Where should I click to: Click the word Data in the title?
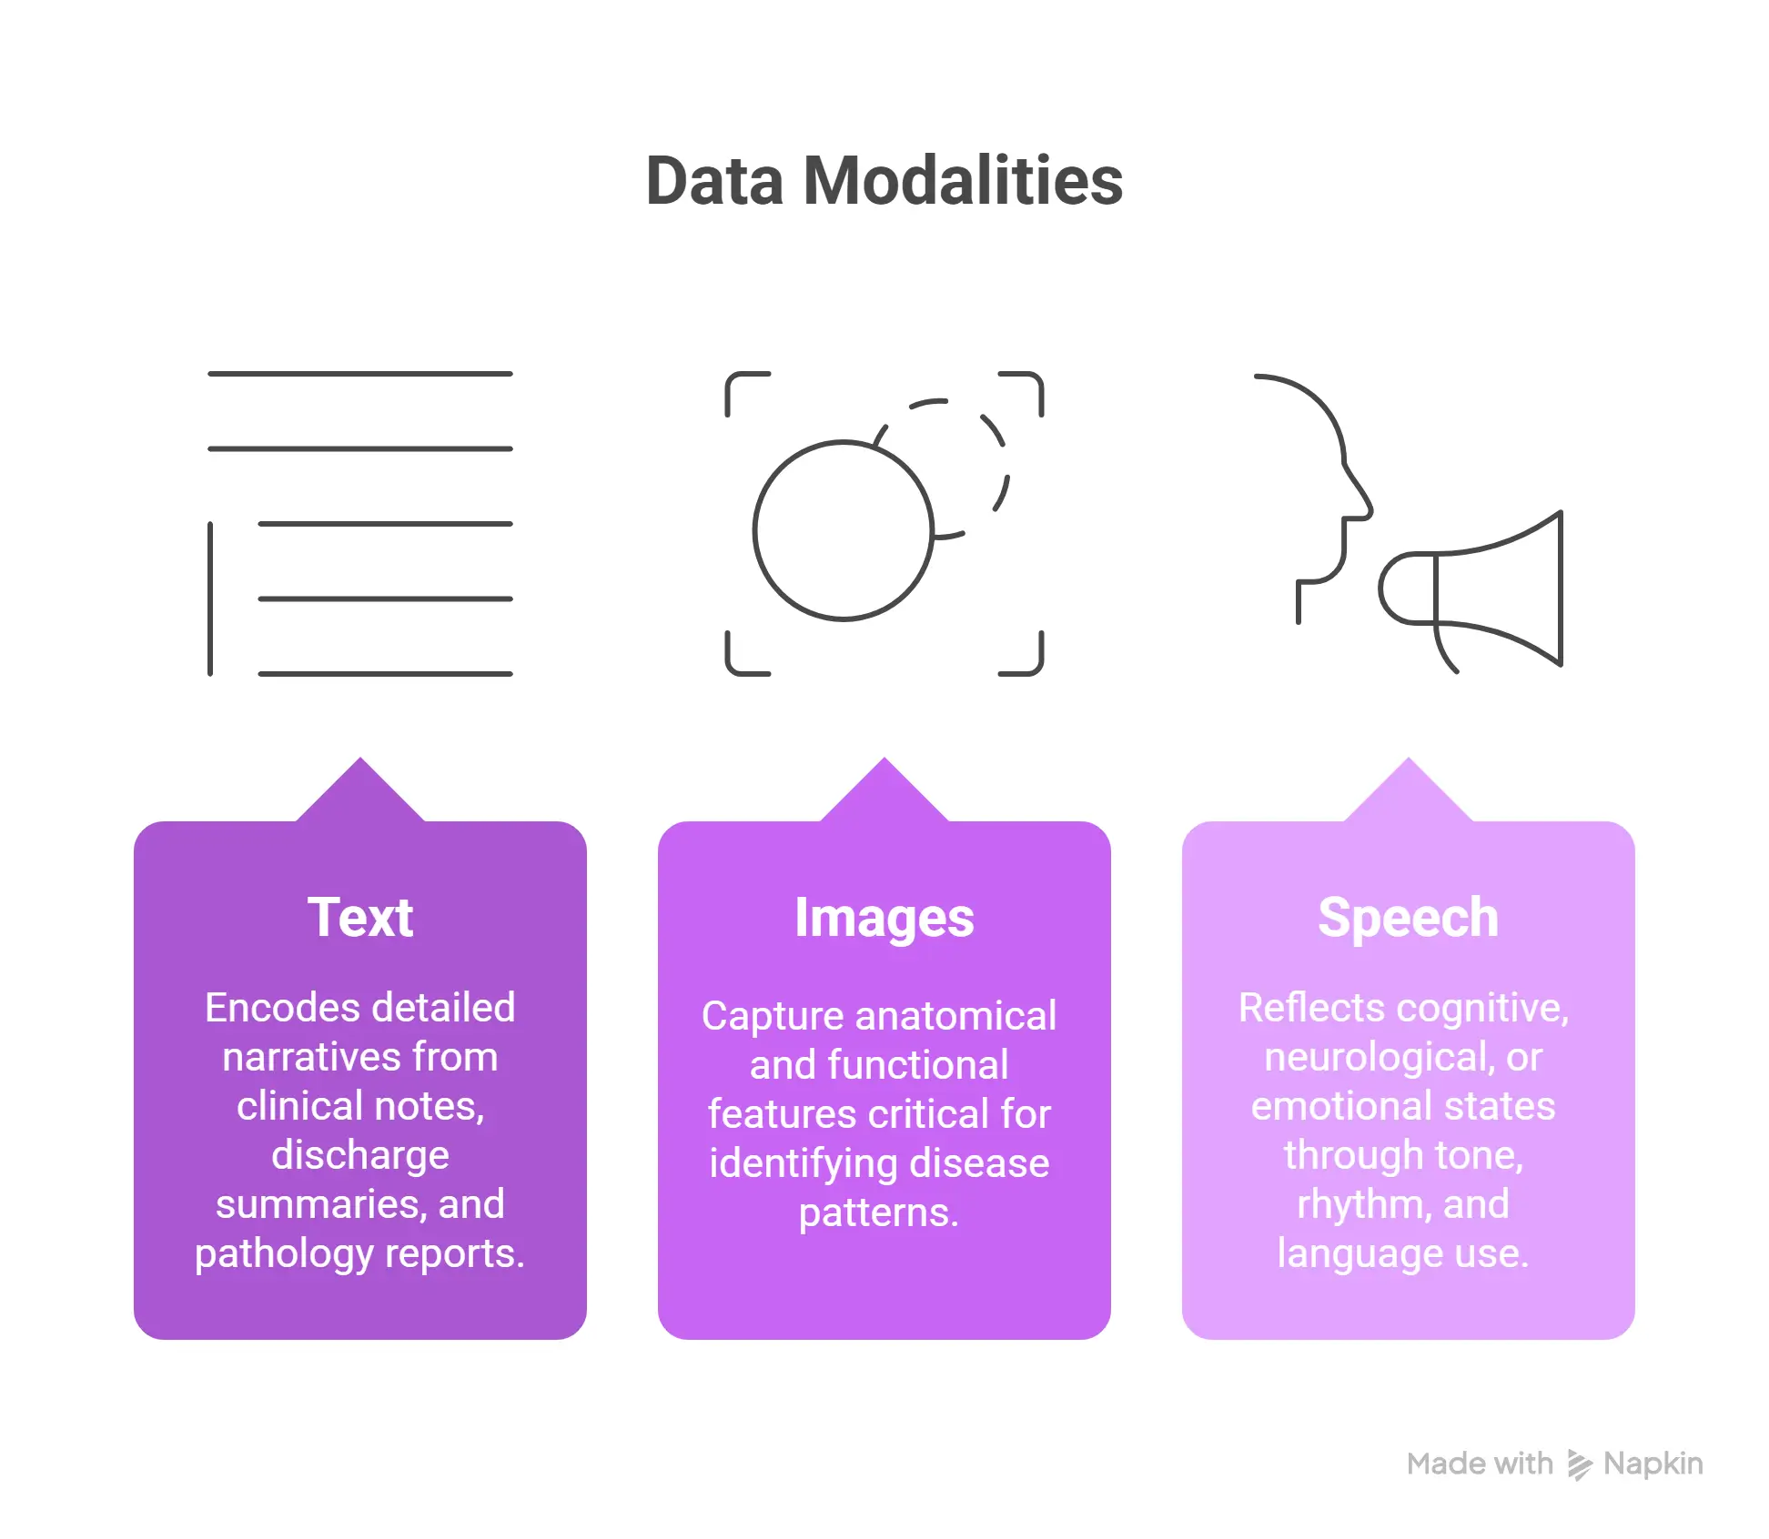coord(714,181)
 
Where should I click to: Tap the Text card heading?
coord(360,917)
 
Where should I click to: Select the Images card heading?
coord(884,917)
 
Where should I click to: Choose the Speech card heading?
coord(1408,917)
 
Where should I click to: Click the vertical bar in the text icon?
coord(210,598)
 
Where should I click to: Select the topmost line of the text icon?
coord(360,374)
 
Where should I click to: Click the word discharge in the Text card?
coord(360,1155)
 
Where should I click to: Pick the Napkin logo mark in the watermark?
coord(1579,1464)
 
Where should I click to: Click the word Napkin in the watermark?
coord(1653,1464)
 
